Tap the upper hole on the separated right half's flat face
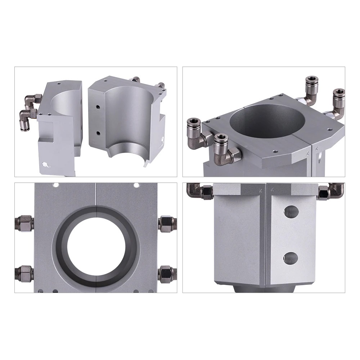98,108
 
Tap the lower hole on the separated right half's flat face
98,133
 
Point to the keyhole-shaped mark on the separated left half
45,165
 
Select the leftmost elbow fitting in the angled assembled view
197,130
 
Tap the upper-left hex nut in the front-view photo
24,223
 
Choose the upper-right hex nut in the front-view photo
166,223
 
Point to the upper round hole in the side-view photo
291,212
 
